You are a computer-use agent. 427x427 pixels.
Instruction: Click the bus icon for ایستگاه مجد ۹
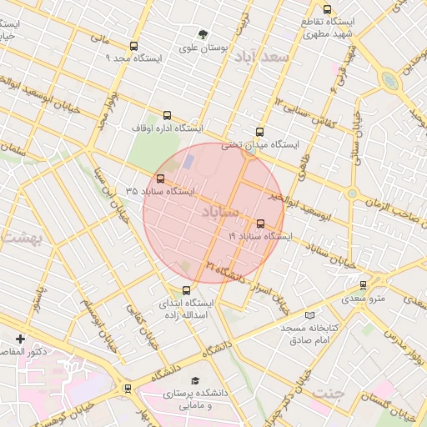[x=133, y=47]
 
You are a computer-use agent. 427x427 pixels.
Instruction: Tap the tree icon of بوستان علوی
[x=203, y=34]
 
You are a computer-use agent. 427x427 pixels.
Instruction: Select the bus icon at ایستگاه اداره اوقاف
[x=167, y=116]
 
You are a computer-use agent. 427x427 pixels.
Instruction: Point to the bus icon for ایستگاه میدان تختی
[x=259, y=132]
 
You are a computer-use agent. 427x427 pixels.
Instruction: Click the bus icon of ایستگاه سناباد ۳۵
[x=160, y=178]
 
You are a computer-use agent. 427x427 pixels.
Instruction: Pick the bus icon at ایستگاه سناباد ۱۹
[x=261, y=224]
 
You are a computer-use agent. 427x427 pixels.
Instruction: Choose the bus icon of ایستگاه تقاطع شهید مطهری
[x=327, y=9]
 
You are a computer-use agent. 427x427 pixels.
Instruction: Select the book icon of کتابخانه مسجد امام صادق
[x=310, y=315]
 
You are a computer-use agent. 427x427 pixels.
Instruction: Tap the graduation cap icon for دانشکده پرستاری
[x=196, y=379]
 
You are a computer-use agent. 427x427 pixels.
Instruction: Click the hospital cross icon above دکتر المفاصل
[x=20, y=339]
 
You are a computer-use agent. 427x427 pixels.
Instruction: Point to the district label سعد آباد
[x=261, y=57]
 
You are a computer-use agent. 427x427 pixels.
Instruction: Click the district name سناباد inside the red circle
[x=219, y=213]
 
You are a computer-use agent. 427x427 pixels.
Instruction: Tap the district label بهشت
[x=23, y=237]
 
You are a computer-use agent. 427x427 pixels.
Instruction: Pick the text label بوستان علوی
[x=204, y=48]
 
